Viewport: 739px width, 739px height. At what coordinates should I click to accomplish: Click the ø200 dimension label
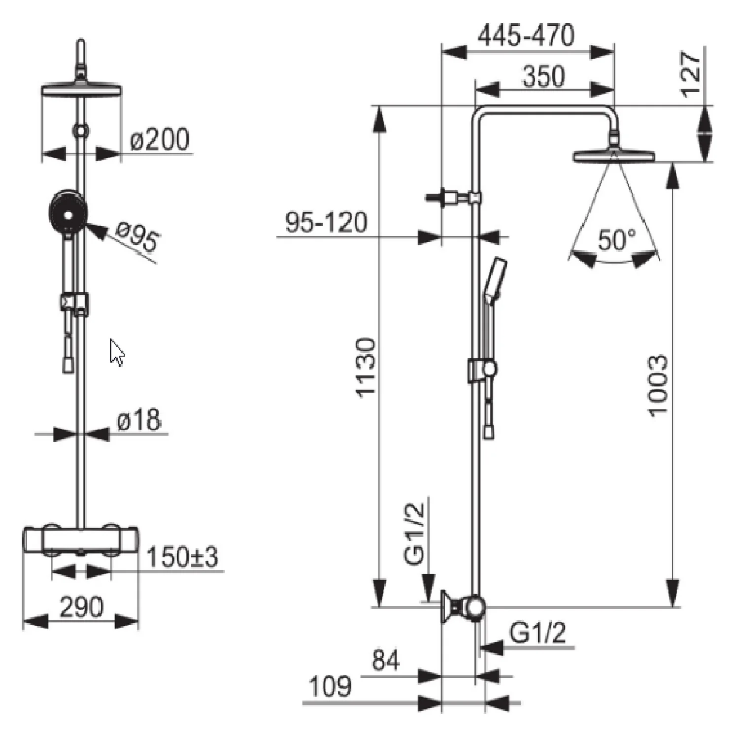[159, 139]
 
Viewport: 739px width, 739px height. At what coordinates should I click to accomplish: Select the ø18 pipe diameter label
[138, 421]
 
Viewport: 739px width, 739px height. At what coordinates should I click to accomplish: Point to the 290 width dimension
[82, 607]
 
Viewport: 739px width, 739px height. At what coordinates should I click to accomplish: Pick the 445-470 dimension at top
[526, 35]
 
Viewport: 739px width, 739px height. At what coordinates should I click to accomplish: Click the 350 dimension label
[543, 76]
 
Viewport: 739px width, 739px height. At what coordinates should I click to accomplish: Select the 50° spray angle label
[616, 240]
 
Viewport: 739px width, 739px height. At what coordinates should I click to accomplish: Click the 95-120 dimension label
[327, 223]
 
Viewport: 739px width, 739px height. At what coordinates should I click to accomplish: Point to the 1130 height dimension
[366, 367]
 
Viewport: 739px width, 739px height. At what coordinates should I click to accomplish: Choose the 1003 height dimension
[658, 385]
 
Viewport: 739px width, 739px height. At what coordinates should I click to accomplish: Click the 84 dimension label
[386, 660]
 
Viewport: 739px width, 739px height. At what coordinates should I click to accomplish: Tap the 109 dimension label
[330, 686]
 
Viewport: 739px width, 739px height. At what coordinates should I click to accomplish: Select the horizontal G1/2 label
[538, 633]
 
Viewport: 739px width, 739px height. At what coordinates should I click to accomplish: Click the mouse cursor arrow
[116, 352]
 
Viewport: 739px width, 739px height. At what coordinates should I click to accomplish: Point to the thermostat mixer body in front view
[81, 540]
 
